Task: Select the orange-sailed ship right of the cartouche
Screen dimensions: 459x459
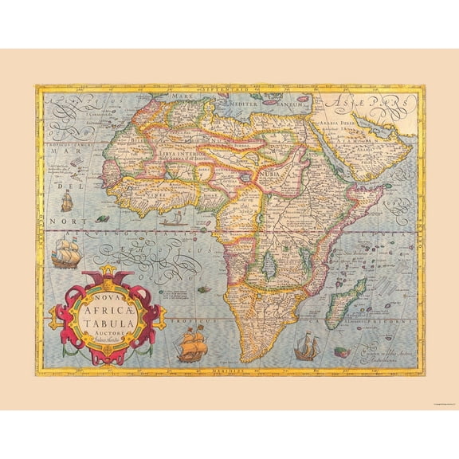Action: pos(190,343)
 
